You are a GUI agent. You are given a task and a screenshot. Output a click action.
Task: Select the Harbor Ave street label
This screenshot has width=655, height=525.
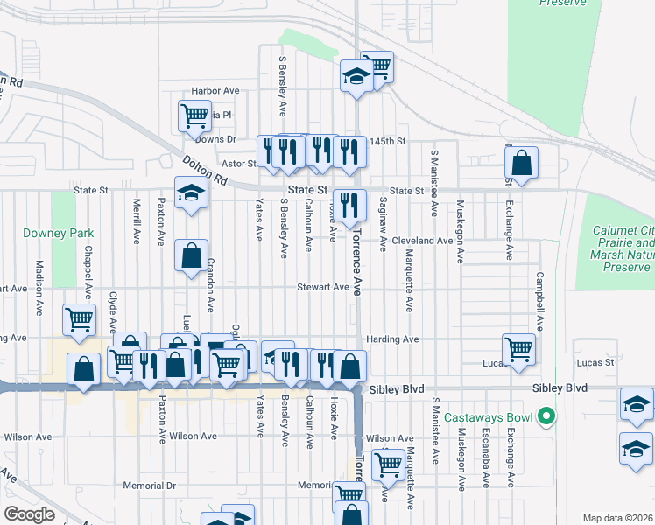click(x=215, y=90)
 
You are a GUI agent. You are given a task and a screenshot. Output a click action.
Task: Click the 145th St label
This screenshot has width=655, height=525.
click(x=388, y=141)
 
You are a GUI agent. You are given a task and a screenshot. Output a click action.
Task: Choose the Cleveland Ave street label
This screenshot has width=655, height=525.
click(x=422, y=240)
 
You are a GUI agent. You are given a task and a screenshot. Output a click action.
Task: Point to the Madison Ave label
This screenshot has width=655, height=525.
click(x=39, y=287)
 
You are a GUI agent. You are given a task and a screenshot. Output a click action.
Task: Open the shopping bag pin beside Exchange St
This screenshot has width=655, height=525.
click(x=521, y=163)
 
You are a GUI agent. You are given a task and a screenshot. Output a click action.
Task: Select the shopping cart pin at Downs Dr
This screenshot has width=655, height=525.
click(x=194, y=115)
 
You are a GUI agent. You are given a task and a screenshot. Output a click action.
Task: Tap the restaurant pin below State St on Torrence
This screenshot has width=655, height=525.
click(x=349, y=206)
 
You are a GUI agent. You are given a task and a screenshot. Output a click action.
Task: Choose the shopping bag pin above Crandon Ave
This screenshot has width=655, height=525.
click(x=192, y=255)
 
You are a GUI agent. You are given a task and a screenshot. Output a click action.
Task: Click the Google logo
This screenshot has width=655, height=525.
click(x=29, y=514)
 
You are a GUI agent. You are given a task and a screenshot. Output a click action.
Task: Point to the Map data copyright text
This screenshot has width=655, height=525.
click(x=617, y=518)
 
